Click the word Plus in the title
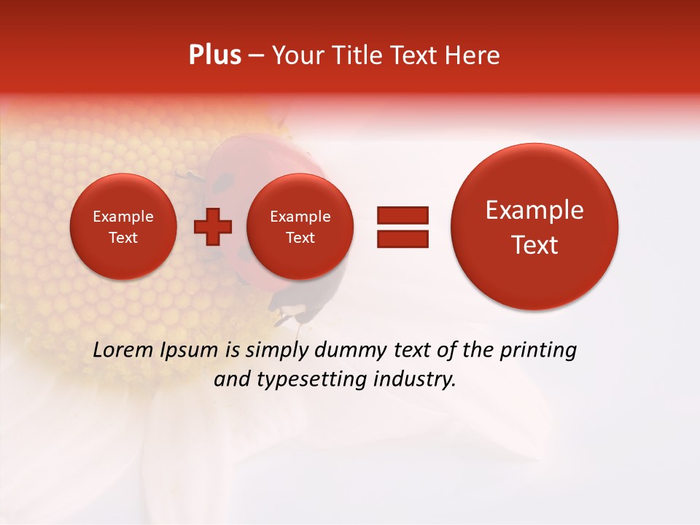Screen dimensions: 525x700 (x=214, y=55)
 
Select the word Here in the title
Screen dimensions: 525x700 (x=473, y=55)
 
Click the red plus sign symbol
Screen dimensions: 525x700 (x=213, y=227)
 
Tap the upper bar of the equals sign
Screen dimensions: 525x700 (x=402, y=215)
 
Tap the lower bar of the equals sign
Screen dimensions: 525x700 (x=402, y=238)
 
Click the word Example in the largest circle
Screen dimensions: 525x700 (x=534, y=211)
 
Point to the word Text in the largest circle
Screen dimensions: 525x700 (x=534, y=245)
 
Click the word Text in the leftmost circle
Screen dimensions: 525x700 (x=123, y=238)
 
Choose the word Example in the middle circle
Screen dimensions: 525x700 (x=300, y=217)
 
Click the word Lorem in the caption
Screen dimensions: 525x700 (x=125, y=350)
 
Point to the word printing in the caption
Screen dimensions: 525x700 (x=538, y=351)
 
